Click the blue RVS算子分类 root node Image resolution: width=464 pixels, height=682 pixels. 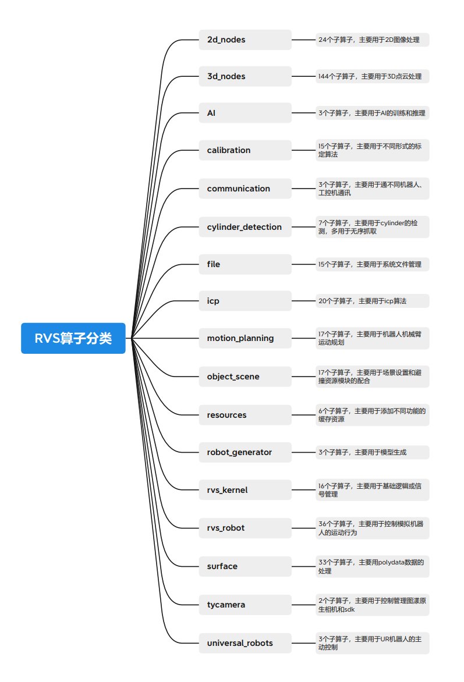(x=73, y=338)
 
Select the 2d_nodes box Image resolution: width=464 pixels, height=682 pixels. (x=245, y=40)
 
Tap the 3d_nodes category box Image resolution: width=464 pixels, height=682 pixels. (x=245, y=76)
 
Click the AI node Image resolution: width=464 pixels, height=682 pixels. (x=245, y=113)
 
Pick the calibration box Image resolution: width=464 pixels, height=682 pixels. (x=245, y=150)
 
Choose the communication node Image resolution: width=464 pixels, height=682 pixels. (x=245, y=189)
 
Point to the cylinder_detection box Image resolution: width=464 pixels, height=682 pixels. (x=245, y=226)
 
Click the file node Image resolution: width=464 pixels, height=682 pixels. (x=245, y=264)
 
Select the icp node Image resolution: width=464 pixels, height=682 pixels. (x=245, y=300)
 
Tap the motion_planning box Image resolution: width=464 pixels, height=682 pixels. (x=245, y=338)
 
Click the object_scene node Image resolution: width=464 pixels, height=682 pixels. (x=245, y=376)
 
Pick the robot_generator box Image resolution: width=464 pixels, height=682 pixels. (x=245, y=452)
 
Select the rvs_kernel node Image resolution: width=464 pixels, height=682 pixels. (x=245, y=490)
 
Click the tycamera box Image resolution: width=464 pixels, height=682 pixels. (x=245, y=605)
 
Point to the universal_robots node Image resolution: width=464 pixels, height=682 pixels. (x=245, y=643)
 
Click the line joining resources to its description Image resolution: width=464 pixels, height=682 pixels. (x=304, y=415)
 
